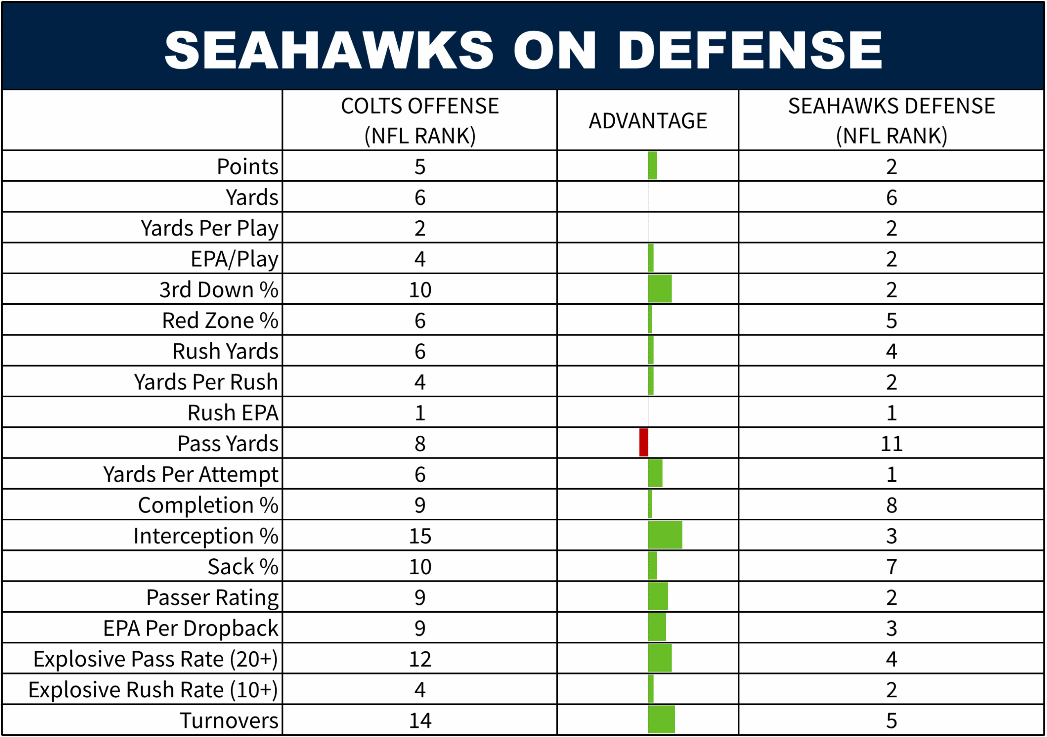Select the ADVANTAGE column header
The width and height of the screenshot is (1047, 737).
(647, 121)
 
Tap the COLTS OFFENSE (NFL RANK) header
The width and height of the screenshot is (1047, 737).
(420, 121)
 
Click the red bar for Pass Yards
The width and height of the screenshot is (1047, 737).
(643, 443)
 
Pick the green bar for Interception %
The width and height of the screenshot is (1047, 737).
(665, 535)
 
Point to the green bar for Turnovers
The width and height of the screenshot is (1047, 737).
(661, 720)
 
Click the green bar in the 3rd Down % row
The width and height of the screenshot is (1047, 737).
(659, 289)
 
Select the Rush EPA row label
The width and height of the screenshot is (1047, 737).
(233, 412)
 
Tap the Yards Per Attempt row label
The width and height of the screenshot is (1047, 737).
(191, 474)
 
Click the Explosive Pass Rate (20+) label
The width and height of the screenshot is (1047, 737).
(155, 659)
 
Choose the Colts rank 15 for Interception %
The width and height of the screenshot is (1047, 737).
(420, 535)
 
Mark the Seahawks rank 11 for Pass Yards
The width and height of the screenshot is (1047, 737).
(891, 443)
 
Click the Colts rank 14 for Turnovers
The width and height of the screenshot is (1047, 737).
(420, 720)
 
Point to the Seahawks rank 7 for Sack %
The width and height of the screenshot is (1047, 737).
(891, 567)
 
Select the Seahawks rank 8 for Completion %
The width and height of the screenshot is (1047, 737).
(891, 505)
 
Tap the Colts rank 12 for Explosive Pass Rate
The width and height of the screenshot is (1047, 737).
(420, 659)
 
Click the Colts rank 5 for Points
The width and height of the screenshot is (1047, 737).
(420, 166)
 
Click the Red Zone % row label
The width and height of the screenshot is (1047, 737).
(220, 320)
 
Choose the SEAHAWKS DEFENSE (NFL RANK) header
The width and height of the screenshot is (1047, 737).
(891, 121)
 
